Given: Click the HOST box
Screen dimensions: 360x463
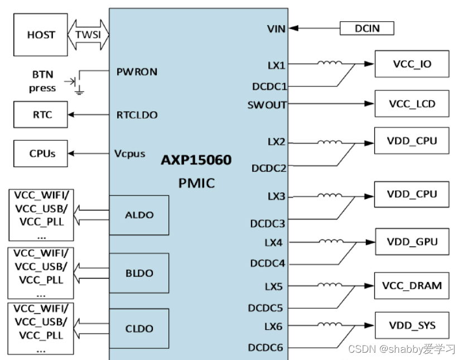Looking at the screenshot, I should click(41, 35).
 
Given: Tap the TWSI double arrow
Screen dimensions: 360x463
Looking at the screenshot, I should click(88, 35).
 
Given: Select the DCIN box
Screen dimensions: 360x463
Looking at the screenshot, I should click(366, 28).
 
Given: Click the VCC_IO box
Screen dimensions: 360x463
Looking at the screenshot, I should click(412, 65).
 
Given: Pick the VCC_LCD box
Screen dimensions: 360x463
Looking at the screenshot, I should click(412, 104).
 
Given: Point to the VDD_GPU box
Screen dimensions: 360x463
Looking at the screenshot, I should click(412, 242).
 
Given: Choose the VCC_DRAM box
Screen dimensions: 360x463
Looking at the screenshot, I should click(412, 285).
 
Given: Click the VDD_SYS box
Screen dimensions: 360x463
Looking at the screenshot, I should click(412, 325).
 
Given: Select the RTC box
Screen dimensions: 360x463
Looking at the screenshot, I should click(40, 115).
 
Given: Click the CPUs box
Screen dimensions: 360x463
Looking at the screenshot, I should click(40, 153).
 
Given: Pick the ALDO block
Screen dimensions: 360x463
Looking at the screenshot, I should click(139, 215).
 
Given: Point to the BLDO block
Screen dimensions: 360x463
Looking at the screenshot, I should click(139, 273).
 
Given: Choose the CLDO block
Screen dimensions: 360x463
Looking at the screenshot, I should click(139, 328).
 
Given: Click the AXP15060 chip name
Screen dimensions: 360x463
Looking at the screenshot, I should click(196, 160).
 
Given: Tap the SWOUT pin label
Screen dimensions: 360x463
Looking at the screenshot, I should click(267, 104).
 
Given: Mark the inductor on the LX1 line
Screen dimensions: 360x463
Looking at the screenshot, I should click(330, 63).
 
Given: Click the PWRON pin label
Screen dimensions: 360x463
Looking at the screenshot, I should click(137, 72).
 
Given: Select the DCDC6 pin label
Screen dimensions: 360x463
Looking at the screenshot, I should click(266, 348).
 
